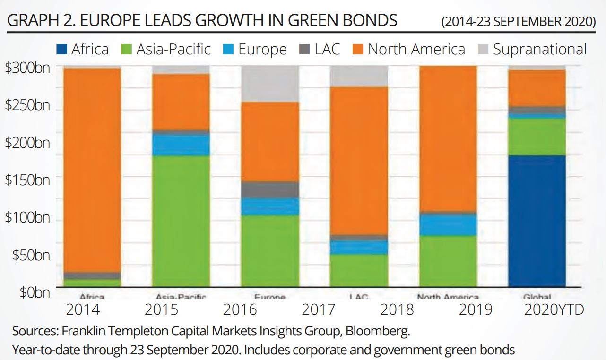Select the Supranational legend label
point(539,49)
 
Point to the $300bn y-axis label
point(27,68)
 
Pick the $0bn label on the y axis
point(34,292)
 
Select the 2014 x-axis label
point(83,309)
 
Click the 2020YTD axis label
point(554,309)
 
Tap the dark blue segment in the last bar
point(537,221)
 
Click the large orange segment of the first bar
point(92,170)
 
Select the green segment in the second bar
point(181,221)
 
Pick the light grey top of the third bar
point(270,84)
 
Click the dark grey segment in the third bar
point(270,189)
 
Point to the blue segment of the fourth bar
point(359,247)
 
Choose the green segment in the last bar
point(537,137)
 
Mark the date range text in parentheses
point(519,22)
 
